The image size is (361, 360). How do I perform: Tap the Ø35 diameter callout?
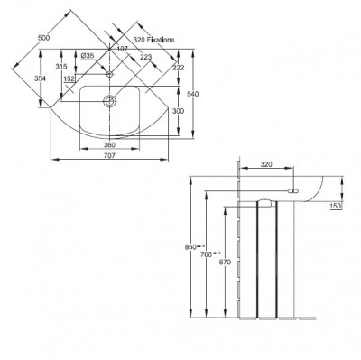(88, 56)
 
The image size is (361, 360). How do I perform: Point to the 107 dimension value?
(123, 50)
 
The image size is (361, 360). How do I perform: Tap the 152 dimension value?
(69, 78)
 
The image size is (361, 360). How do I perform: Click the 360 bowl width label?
(109, 144)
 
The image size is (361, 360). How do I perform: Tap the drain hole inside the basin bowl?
(109, 101)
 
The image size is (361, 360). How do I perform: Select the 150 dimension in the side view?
(335, 207)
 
